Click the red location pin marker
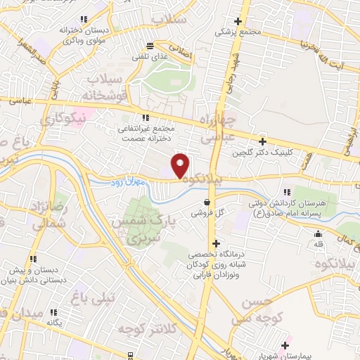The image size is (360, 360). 181,165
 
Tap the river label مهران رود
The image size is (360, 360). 126,183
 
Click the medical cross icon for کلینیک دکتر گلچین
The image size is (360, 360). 263,141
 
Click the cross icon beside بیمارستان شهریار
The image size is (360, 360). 285,345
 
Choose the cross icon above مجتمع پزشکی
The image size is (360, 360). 238,22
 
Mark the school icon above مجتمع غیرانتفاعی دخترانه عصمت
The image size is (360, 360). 146,117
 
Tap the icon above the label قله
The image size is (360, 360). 319,234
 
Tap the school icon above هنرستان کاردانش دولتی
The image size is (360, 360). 286,191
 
